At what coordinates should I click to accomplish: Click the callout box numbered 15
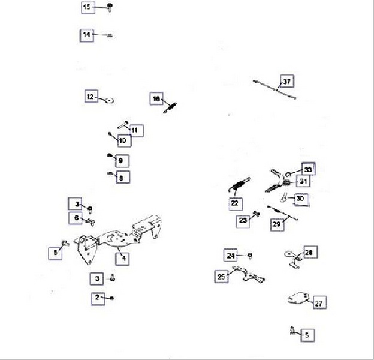(x=87, y=7)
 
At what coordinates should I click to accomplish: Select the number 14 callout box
(x=87, y=35)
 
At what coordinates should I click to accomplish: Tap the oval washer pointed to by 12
(x=110, y=99)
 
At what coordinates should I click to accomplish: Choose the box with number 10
(x=123, y=141)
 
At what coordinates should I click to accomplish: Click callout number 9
(x=120, y=161)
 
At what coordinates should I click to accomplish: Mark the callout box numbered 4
(x=123, y=259)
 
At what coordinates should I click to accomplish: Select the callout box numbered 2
(x=97, y=298)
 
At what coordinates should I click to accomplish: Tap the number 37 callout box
(x=287, y=81)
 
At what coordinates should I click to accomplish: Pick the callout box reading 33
(x=307, y=169)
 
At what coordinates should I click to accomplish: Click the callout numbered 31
(x=304, y=181)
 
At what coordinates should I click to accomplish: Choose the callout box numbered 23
(x=243, y=221)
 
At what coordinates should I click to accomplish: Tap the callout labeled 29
(x=276, y=225)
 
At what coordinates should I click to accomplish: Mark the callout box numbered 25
(x=222, y=276)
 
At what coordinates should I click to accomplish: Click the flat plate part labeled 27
(x=297, y=298)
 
